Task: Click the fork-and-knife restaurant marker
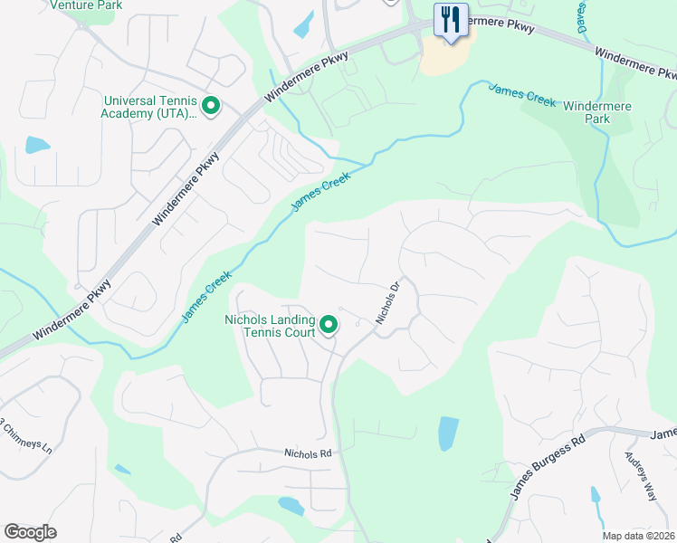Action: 450,19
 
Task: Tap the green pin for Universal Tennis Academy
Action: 211,108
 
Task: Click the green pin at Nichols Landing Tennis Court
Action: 329,323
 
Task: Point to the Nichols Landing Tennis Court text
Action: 270,325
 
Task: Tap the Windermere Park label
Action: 597,112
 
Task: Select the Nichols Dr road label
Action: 388,305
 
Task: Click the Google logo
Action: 30,532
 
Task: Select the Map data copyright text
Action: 639,536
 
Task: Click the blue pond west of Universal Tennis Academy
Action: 38,145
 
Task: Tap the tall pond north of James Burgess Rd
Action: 448,433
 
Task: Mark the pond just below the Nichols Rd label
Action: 291,505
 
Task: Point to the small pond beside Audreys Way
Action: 596,496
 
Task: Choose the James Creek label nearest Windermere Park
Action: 522,94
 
